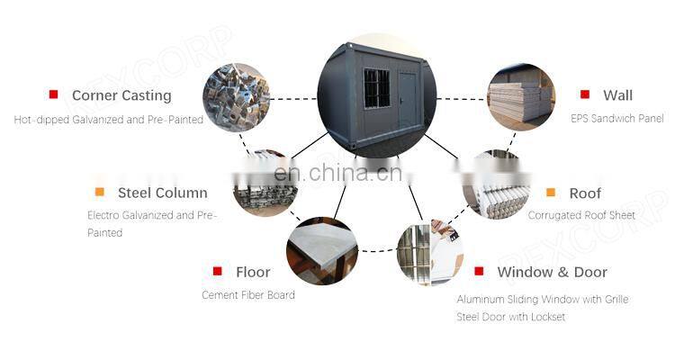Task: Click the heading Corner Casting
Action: click(x=121, y=95)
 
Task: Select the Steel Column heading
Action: click(x=162, y=193)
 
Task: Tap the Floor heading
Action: click(x=253, y=272)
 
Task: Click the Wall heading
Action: click(x=617, y=95)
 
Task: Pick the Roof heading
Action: click(x=585, y=193)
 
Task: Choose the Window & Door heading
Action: click(x=552, y=272)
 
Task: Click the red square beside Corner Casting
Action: click(x=53, y=94)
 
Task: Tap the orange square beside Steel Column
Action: click(x=99, y=192)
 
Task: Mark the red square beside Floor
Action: click(x=217, y=271)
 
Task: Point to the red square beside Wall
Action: click(x=585, y=94)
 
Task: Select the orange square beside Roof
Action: click(x=551, y=192)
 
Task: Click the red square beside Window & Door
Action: click(x=479, y=271)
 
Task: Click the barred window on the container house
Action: click(x=376, y=88)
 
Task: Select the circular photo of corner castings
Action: click(x=236, y=97)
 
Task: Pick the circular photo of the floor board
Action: click(x=321, y=251)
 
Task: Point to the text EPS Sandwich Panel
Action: click(x=616, y=119)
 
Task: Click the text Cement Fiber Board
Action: click(x=247, y=295)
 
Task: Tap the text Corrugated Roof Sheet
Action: click(x=581, y=215)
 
